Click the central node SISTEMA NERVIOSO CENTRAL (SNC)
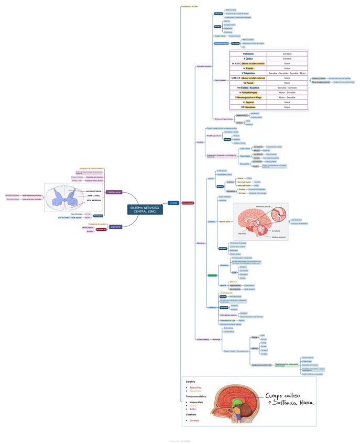click(145, 209)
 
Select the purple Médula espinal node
click(114, 192)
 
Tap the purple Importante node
click(116, 227)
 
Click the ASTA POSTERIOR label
click(94, 192)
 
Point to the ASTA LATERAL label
click(94, 196)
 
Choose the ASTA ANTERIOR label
click(94, 200)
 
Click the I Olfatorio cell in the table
click(248, 54)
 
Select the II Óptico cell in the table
click(248, 59)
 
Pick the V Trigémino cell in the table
click(248, 73)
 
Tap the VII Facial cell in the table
click(248, 83)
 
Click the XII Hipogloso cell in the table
click(248, 107)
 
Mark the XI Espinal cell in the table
click(248, 102)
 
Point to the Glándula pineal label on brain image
click(263, 207)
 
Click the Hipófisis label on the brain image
click(242, 233)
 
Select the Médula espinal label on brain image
click(278, 237)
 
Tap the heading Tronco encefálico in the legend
click(195, 396)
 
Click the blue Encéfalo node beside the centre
click(173, 203)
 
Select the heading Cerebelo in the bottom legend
click(191, 414)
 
